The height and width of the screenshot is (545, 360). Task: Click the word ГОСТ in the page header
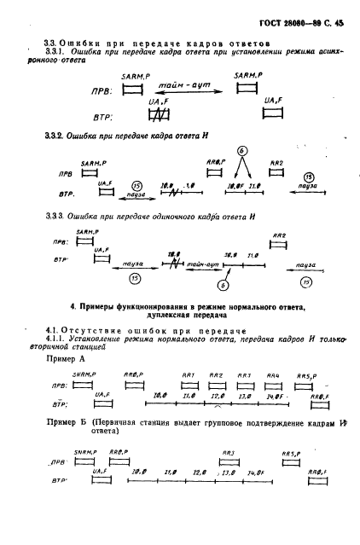click(x=258, y=13)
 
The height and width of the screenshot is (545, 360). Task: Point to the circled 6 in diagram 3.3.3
click(x=223, y=284)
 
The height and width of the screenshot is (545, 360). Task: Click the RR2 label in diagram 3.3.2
click(x=299, y=162)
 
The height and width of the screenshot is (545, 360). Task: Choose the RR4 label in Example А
click(x=273, y=374)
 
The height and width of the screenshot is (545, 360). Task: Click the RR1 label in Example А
click(x=189, y=374)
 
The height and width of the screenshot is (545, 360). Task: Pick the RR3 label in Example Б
click(x=228, y=452)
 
